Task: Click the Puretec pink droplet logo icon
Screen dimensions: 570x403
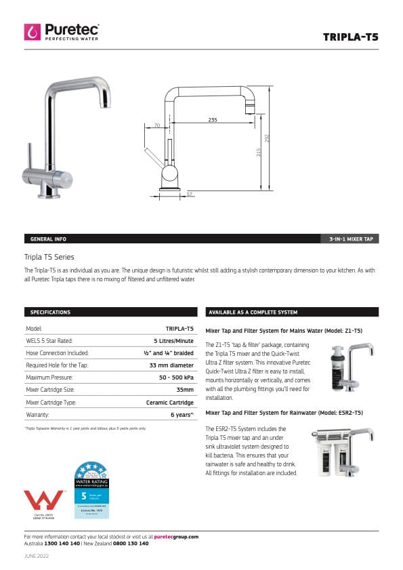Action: [33, 32]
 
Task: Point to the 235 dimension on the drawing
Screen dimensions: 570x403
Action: [213, 120]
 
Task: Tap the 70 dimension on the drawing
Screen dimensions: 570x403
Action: [157, 126]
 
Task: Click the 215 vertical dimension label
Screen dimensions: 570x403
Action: [258, 153]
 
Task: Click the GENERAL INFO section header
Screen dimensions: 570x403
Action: [48, 239]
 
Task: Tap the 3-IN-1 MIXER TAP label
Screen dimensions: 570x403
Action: [352, 239]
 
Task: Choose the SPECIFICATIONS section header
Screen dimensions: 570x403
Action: [50, 312]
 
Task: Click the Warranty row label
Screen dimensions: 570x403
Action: [37, 413]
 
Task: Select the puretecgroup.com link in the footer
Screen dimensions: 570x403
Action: [176, 537]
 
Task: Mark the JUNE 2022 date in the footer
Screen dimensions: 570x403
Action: [37, 556]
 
